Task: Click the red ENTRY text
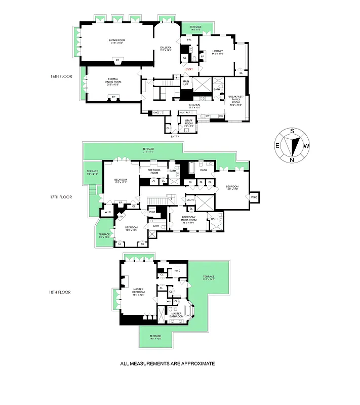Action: tap(189, 69)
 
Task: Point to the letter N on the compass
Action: tap(292, 160)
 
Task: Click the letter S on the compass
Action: tap(292, 131)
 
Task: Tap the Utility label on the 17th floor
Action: tap(190, 200)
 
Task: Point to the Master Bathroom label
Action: tap(176, 315)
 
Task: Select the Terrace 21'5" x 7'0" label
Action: tap(148, 150)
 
